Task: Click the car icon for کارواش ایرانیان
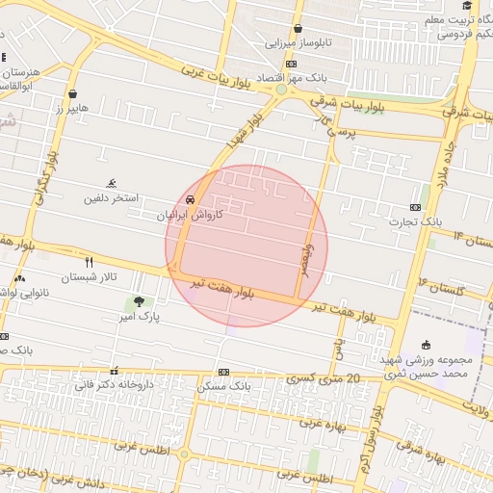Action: pyautogui.click(x=190, y=198)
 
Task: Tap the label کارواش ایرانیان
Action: pyautogui.click(x=190, y=216)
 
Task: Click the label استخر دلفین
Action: pyautogui.click(x=111, y=198)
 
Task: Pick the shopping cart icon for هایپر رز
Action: pyautogui.click(x=73, y=93)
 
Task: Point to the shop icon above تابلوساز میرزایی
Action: pyautogui.click(x=298, y=29)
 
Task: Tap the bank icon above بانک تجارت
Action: pyautogui.click(x=416, y=207)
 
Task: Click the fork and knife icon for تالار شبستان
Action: pyautogui.click(x=90, y=261)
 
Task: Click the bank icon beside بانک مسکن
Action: pyautogui.click(x=223, y=372)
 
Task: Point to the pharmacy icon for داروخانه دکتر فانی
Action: pyautogui.click(x=116, y=371)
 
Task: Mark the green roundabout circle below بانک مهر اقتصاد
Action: pyautogui.click(x=280, y=90)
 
